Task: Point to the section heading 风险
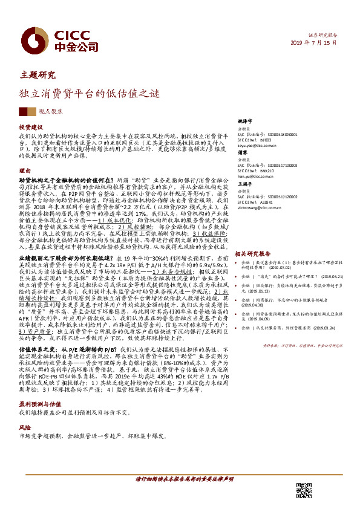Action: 25,427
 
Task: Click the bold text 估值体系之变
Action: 38,349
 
